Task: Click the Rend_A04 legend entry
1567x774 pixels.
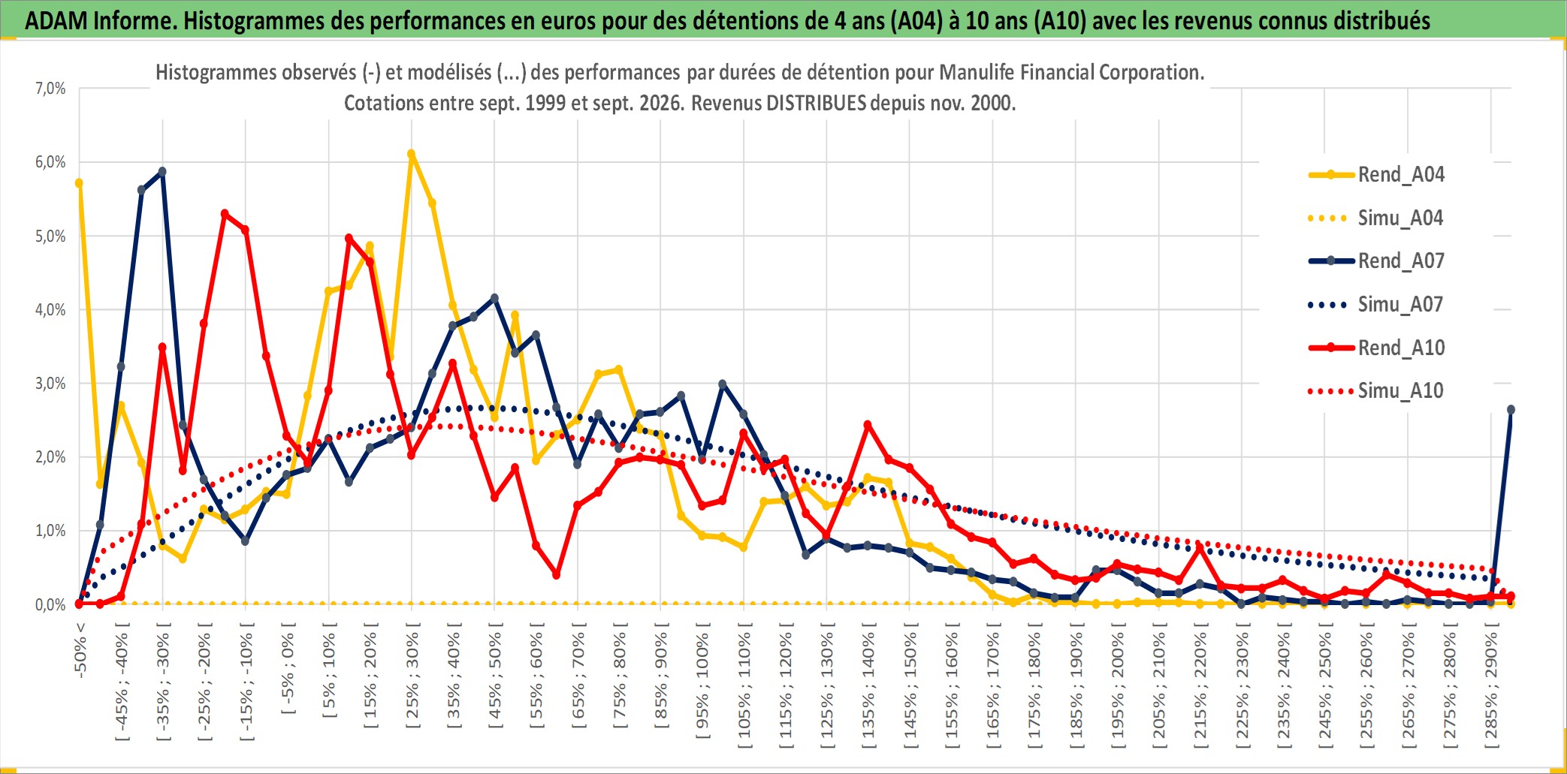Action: [1376, 174]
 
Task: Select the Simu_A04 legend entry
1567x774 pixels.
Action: [1376, 218]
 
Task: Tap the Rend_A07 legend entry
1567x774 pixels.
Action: [1376, 261]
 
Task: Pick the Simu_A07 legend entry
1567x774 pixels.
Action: [1376, 304]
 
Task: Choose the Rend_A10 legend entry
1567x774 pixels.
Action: [1376, 348]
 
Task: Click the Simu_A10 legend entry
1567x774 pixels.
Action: [1376, 390]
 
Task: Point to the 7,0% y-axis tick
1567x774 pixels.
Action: [50, 89]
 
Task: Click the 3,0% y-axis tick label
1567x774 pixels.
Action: [50, 383]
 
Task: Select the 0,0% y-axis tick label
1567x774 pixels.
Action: [50, 604]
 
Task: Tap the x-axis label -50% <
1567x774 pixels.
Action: [80, 650]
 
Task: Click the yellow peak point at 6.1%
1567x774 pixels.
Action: [411, 154]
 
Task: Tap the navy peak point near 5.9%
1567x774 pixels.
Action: [162, 171]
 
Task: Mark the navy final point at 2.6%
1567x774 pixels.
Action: [1511, 410]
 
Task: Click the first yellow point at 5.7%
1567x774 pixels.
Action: [79, 183]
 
